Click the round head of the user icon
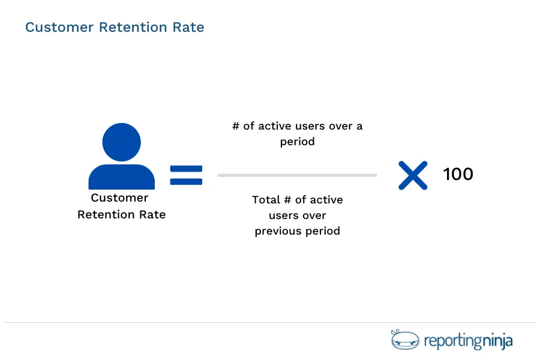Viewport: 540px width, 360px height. click(x=122, y=142)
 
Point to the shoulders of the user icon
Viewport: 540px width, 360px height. click(x=122, y=178)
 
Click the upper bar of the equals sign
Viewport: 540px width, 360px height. click(x=186, y=169)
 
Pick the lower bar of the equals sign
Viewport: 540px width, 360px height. click(x=186, y=181)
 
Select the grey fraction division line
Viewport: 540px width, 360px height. click(x=297, y=175)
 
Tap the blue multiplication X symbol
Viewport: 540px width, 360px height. click(x=413, y=175)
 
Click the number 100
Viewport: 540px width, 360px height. click(x=458, y=175)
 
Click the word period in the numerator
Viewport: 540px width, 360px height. click(x=297, y=143)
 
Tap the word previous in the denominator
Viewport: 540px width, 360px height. click(x=277, y=231)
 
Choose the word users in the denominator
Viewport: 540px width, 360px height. click(x=284, y=215)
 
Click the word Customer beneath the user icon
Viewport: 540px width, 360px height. click(x=119, y=198)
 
